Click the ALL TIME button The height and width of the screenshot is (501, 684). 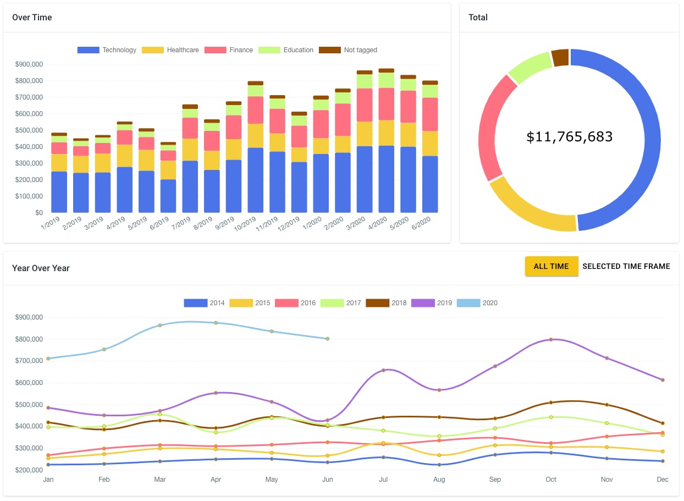551,266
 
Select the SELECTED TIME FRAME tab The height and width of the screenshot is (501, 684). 626,266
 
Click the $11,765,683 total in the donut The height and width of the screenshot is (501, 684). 569,137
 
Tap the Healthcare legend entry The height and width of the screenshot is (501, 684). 170,50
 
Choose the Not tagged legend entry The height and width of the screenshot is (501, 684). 348,50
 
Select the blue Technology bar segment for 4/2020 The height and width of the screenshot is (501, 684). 387,179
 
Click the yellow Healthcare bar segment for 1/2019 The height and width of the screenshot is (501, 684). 59,163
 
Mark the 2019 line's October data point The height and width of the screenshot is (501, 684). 551,339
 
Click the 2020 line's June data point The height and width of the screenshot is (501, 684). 327,339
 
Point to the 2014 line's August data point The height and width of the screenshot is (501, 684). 439,465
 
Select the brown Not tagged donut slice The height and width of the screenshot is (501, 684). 560,58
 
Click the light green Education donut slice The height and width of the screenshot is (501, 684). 531,68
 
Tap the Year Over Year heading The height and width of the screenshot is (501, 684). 41,268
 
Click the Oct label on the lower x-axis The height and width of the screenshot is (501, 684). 551,480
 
